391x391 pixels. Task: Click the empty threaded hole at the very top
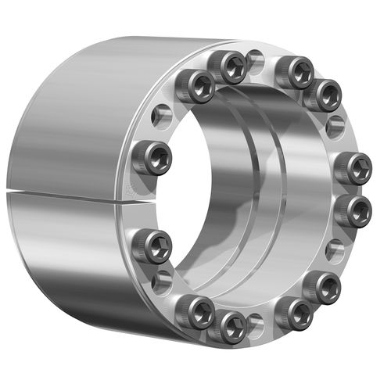coord(255,59)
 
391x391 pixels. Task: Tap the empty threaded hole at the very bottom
coord(253,321)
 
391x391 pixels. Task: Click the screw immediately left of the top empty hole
coord(231,67)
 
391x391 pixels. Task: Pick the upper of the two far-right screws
coord(356,169)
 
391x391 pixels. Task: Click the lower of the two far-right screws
coord(356,210)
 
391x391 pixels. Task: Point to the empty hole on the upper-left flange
coord(162,117)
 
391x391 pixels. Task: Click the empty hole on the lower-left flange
coord(162,281)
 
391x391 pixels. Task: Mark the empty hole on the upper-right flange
coord(336,125)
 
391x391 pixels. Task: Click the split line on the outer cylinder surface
coord(63,192)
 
